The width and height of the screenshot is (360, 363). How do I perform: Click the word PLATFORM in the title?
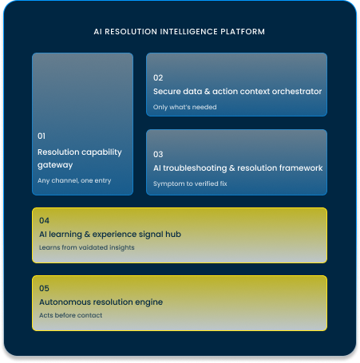click(243, 32)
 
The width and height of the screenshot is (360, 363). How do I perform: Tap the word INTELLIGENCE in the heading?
click(189, 32)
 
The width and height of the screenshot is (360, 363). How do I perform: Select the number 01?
click(42, 136)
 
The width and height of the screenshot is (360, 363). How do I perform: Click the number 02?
click(158, 77)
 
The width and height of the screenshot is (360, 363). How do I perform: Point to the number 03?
click(158, 154)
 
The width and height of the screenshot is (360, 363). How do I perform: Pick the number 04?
click(44, 220)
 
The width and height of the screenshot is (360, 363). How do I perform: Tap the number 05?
click(44, 288)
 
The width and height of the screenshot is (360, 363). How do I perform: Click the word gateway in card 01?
click(55, 165)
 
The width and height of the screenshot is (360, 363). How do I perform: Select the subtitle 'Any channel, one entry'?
click(74, 180)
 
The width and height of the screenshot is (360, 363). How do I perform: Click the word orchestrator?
click(297, 91)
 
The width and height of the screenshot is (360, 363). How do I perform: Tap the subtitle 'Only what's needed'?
click(185, 107)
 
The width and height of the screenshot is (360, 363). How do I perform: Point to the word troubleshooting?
click(195, 168)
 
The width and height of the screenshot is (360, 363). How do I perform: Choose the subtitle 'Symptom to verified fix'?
click(190, 183)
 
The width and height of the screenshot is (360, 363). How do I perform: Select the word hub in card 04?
click(173, 234)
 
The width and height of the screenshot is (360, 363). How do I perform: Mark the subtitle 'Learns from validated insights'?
click(87, 247)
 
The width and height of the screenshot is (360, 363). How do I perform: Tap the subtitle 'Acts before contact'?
click(70, 315)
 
